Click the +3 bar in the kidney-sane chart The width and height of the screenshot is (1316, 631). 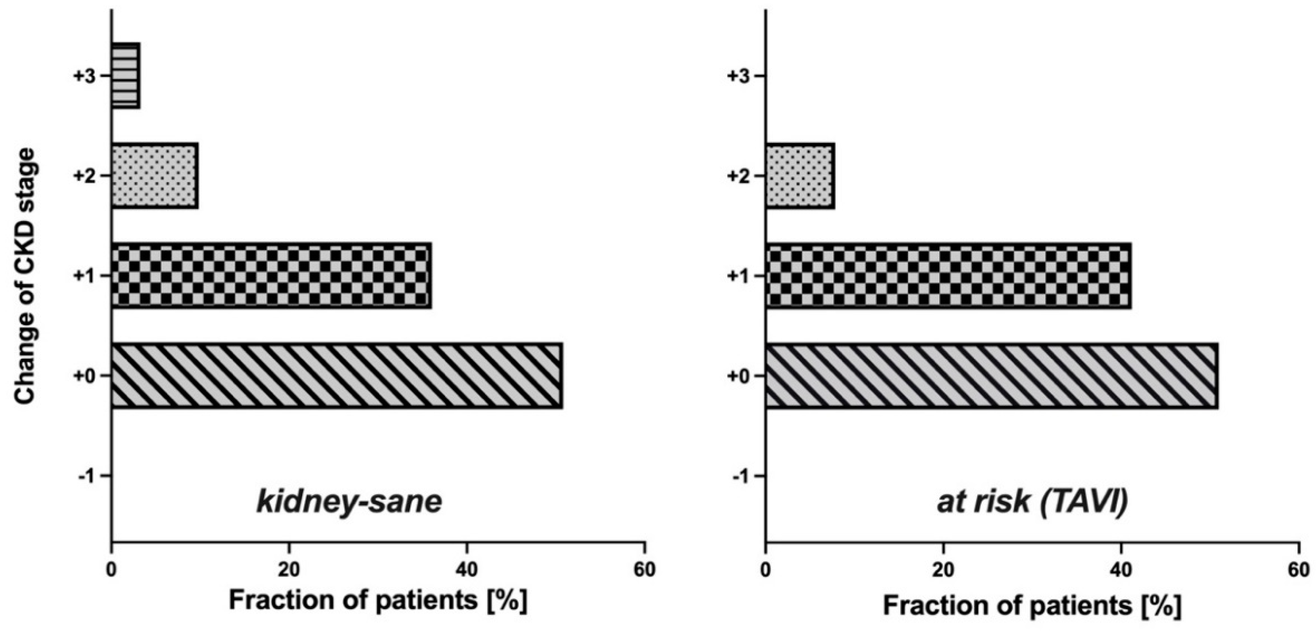click(x=126, y=76)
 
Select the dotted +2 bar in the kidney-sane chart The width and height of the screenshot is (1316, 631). click(x=155, y=176)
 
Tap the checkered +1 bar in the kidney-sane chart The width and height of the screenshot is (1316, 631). click(x=271, y=276)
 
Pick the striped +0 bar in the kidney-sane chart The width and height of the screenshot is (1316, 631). click(x=337, y=376)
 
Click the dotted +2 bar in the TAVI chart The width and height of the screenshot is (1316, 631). click(x=800, y=176)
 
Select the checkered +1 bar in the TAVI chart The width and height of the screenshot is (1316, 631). click(x=948, y=276)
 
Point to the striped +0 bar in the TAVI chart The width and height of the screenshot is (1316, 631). click(x=992, y=376)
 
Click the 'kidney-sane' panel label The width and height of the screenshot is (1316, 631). click(x=349, y=502)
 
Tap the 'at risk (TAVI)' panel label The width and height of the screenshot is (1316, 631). click(x=1032, y=502)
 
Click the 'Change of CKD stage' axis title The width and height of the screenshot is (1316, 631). click(x=26, y=276)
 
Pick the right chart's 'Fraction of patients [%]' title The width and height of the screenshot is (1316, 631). click(x=1032, y=605)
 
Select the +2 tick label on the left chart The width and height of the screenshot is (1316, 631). click(x=84, y=176)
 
